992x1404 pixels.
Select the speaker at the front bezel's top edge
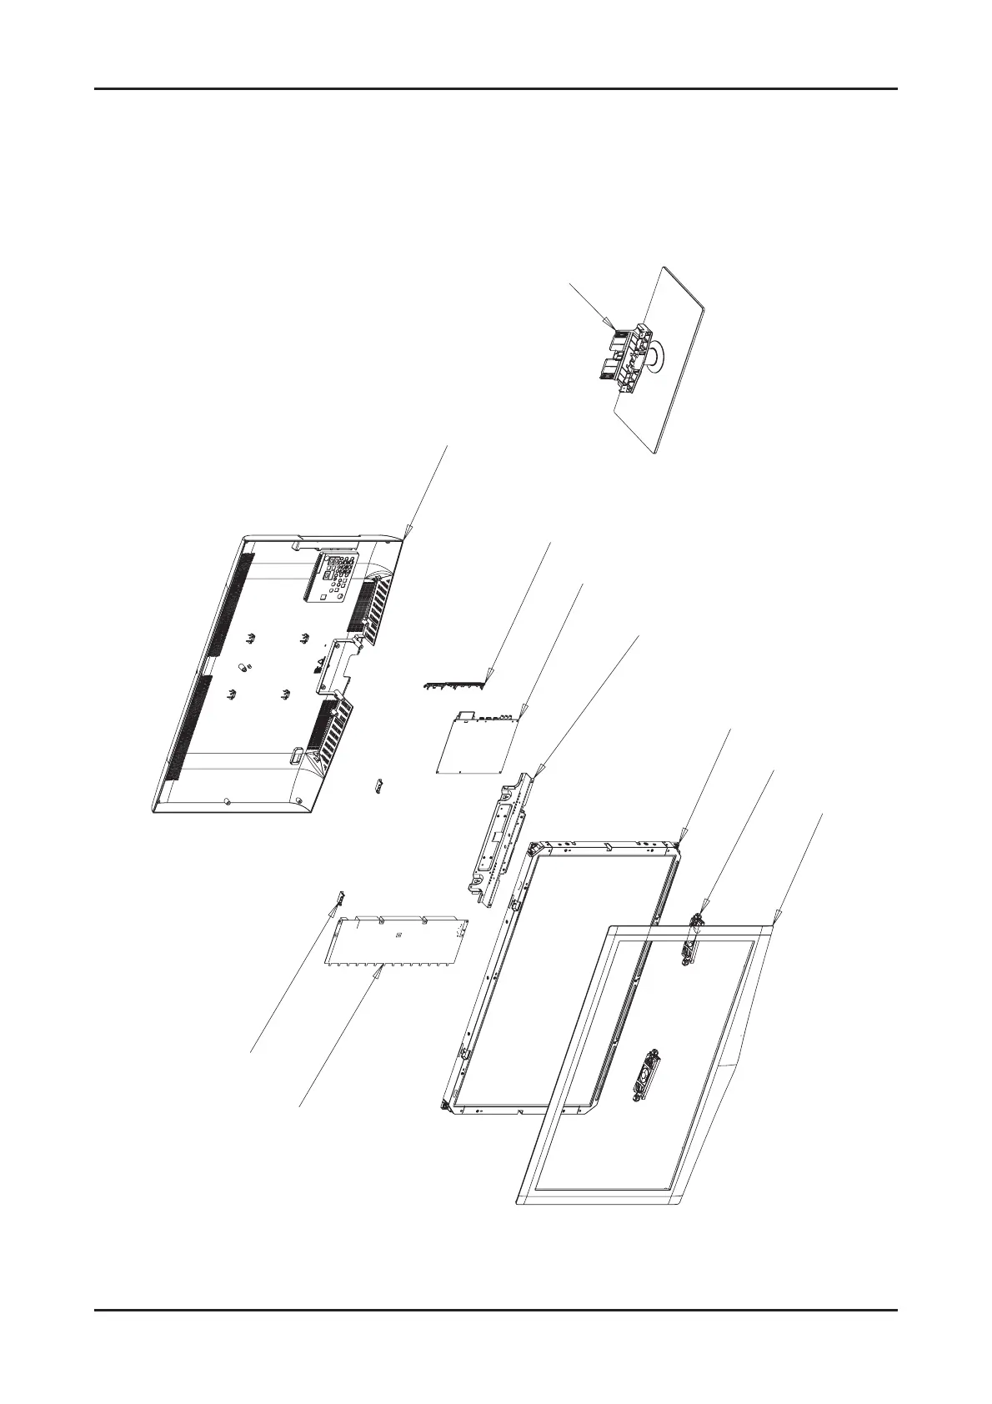(x=691, y=942)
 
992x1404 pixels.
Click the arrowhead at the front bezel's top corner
(x=776, y=919)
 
